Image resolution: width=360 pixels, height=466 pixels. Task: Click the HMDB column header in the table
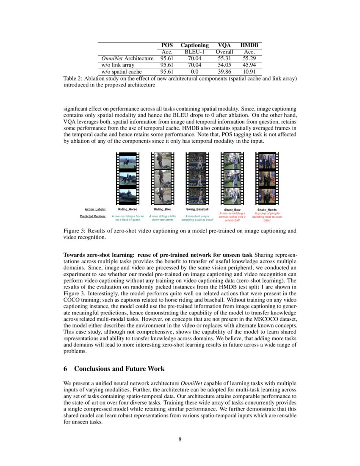point(249,45)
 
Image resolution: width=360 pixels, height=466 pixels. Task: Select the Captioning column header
point(194,45)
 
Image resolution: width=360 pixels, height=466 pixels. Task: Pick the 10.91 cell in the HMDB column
point(249,72)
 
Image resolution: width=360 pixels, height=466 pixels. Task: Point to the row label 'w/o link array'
point(118,65)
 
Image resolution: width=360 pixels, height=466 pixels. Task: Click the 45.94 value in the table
point(249,65)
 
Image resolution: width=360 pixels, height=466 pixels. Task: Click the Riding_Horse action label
point(127,209)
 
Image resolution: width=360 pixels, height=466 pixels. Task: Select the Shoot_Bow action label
point(232,209)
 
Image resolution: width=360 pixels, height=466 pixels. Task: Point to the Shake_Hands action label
point(267,209)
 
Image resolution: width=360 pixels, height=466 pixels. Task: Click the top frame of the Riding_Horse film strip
point(127,162)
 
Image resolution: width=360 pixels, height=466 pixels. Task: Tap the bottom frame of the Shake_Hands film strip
point(267,197)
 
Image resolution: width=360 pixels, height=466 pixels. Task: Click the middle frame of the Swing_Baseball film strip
point(197,179)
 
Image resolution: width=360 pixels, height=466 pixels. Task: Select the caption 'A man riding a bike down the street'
point(162,218)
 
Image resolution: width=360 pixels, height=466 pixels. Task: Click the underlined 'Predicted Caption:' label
point(93,216)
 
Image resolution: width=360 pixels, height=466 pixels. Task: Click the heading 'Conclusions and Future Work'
point(119,369)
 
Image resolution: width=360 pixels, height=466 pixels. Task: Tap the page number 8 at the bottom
point(180,439)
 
